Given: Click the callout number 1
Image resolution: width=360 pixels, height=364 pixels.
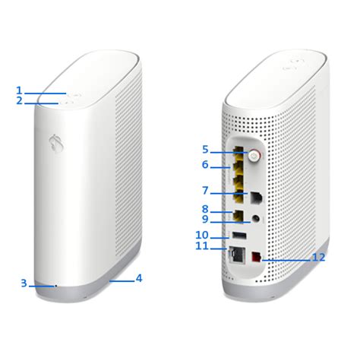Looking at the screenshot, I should pos(19,90).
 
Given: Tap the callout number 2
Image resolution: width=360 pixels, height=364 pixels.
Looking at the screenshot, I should pos(19,101).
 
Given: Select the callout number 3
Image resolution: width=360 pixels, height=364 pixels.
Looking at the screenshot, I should pos(24,283).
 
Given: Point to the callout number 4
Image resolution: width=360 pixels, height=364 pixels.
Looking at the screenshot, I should pos(139,278).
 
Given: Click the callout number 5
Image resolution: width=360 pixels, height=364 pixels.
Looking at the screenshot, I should pos(205,150).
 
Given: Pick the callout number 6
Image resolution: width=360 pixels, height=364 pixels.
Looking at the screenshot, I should pos(205,165).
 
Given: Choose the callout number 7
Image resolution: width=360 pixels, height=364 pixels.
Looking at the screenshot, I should pos(205,191).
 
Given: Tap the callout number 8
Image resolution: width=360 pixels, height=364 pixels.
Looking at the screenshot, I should pos(205,209).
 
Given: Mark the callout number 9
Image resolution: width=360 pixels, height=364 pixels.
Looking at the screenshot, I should pos(205,220).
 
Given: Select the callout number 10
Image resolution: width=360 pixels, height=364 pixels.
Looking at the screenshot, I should pos(201,236).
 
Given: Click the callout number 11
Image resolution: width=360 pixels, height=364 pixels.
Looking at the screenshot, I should pos(201,246).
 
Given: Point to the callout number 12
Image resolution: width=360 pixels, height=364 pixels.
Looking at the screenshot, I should pos(319,258).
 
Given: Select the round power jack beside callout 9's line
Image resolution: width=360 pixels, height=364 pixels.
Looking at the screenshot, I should pos(257,218).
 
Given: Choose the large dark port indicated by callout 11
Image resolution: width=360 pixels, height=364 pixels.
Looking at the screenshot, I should pos(236,255).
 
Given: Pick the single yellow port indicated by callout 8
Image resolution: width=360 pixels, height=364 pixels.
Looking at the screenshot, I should pos(238,214).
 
